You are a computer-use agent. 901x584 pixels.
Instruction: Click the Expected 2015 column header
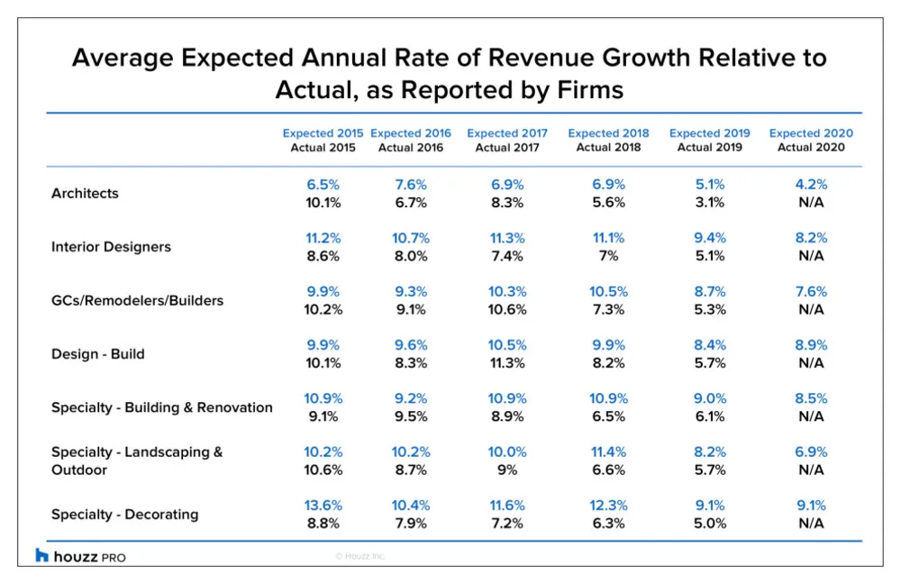pyautogui.click(x=323, y=133)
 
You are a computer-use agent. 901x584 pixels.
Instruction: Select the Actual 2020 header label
pyautogui.click(x=811, y=147)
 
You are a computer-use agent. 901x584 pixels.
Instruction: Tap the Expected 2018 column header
pyautogui.click(x=608, y=133)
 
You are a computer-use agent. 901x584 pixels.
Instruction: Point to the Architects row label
pyautogui.click(x=85, y=193)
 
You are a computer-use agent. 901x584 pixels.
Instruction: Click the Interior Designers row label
pyautogui.click(x=112, y=247)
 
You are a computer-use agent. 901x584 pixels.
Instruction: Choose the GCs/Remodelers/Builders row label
pyautogui.click(x=137, y=300)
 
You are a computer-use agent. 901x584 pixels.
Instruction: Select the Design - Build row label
pyautogui.click(x=98, y=354)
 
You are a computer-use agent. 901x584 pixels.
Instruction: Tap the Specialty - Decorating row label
pyautogui.click(x=125, y=515)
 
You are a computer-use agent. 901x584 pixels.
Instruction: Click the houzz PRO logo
pyautogui.click(x=80, y=556)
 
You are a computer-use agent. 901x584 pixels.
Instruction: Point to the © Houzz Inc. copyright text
pyautogui.click(x=360, y=556)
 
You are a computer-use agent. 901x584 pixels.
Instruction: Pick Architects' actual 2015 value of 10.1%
pyautogui.click(x=323, y=203)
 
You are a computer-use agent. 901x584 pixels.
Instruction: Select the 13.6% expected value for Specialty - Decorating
pyautogui.click(x=323, y=506)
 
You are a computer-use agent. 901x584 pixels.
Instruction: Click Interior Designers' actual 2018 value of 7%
pyautogui.click(x=608, y=256)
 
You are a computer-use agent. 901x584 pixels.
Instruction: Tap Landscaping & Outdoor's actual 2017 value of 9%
pyautogui.click(x=507, y=470)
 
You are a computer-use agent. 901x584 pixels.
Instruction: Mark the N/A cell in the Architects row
pyautogui.click(x=811, y=203)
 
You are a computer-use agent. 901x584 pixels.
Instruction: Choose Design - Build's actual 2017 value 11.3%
pyautogui.click(x=507, y=362)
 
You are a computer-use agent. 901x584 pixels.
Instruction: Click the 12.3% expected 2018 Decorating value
pyautogui.click(x=608, y=506)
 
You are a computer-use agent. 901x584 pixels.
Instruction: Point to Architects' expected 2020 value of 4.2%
pyautogui.click(x=811, y=185)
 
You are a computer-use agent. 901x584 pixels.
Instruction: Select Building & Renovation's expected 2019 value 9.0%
pyautogui.click(x=710, y=398)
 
